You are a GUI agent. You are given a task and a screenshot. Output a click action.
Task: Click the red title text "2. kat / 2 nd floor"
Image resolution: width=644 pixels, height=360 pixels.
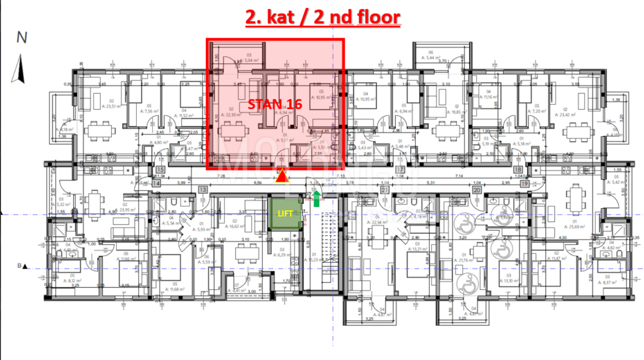click(x=322, y=17)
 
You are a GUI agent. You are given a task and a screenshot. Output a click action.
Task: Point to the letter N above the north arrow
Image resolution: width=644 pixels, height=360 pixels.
click(x=22, y=38)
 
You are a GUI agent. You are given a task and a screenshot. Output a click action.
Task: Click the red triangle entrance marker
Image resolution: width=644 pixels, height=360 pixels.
click(x=280, y=177)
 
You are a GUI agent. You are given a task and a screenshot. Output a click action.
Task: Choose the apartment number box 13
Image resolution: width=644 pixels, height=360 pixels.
click(x=202, y=189)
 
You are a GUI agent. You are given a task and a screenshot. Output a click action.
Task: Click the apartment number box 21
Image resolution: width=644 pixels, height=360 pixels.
click(x=385, y=189)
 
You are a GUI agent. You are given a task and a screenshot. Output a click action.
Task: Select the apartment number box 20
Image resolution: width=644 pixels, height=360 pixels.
click(x=476, y=189)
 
